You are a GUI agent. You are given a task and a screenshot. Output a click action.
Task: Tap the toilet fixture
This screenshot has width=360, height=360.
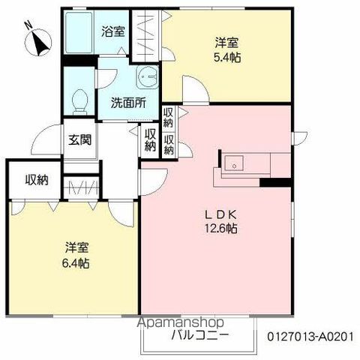[x=79, y=102]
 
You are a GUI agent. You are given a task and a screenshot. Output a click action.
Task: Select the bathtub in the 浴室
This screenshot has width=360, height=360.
[x=79, y=32]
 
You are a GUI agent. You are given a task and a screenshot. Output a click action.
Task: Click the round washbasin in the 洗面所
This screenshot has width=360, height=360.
[x=148, y=76]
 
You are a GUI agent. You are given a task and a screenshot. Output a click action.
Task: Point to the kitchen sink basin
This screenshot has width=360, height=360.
[x=234, y=163]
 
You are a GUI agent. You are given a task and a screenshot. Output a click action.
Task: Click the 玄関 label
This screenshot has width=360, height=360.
[x=80, y=139]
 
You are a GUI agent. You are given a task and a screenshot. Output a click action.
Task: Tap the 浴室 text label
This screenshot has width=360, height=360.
[x=113, y=31]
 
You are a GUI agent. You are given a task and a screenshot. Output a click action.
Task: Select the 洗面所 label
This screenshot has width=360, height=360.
[x=128, y=103]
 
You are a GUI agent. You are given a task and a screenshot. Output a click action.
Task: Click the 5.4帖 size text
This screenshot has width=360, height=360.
[x=227, y=58]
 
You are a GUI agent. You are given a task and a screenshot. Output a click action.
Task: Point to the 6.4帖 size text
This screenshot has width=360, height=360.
[x=76, y=263]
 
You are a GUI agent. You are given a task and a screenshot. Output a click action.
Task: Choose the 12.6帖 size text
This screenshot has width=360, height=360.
[x=221, y=228]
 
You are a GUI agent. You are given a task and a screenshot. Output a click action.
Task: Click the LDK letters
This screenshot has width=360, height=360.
[x=221, y=214]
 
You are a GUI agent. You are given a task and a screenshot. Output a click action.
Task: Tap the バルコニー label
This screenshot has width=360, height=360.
[x=200, y=335]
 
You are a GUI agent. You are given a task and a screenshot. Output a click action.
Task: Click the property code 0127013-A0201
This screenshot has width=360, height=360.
[x=310, y=337]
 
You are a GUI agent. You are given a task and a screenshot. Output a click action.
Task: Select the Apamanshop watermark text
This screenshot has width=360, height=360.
[x=181, y=322]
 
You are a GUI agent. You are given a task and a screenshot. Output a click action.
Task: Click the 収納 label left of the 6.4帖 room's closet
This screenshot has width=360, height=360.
[x=37, y=180]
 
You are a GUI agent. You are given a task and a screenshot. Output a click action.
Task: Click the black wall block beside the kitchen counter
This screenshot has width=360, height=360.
[x=276, y=182]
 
